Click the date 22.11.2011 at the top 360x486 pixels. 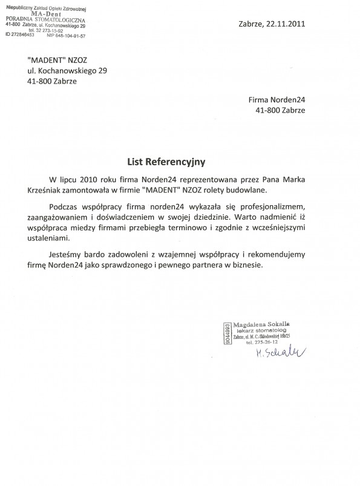click(x=284, y=24)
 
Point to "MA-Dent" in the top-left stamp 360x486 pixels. click(x=39, y=13)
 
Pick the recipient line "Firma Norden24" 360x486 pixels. click(x=277, y=99)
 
